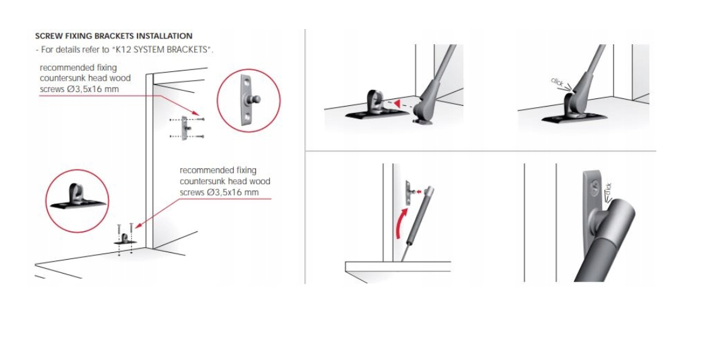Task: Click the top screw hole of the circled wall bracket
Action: [246, 83]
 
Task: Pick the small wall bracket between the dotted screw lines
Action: [185, 128]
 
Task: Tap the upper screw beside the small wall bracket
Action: [200, 119]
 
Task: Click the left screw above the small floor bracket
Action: [119, 229]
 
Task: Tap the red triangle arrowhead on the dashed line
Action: [397, 104]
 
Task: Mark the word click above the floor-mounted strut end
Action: [557, 82]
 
